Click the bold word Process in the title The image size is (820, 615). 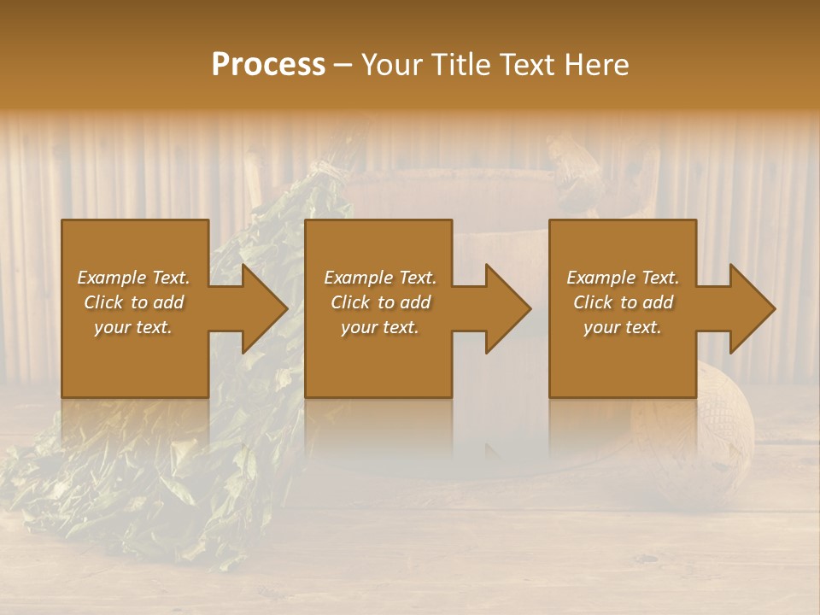[268, 65]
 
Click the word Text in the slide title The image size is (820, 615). [524, 65]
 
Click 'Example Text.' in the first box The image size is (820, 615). [133, 278]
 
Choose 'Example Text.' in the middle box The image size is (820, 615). [380, 278]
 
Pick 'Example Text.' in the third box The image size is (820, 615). [623, 278]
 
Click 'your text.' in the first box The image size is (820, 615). [133, 327]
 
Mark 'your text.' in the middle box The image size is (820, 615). [380, 327]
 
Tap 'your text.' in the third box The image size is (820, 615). [623, 327]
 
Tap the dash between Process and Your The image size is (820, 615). [343, 65]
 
